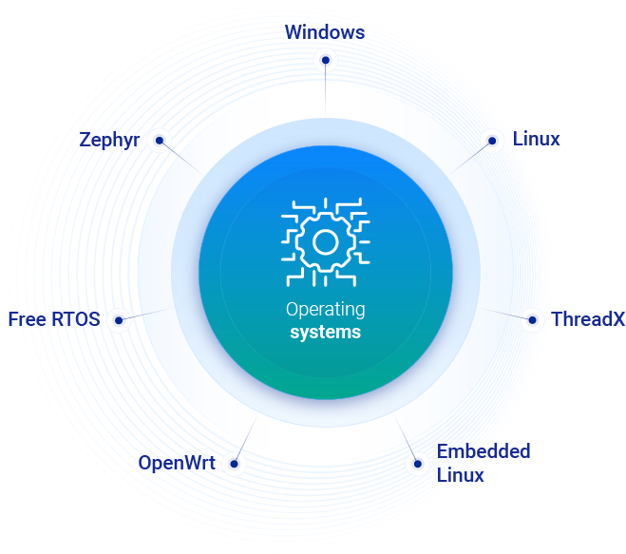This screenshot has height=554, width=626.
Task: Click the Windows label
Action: [325, 31]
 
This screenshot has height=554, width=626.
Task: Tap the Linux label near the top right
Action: [537, 139]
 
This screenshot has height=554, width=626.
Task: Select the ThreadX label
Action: [588, 318]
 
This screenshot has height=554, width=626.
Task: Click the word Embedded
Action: [484, 450]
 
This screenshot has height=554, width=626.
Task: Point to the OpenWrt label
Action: [176, 463]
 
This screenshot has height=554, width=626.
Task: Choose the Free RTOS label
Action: [54, 318]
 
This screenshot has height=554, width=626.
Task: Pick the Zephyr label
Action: [110, 140]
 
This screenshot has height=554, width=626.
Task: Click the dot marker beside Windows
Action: [326, 61]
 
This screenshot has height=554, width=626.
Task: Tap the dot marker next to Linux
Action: [492, 141]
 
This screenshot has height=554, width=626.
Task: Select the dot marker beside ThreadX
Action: [533, 319]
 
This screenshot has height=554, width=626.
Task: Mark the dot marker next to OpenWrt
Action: [233, 465]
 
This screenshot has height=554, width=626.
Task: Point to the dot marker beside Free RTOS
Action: [119, 320]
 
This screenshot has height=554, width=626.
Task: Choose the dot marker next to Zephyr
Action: [160, 141]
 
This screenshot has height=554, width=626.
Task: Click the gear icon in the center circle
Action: [326, 241]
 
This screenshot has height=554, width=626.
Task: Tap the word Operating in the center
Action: [325, 310]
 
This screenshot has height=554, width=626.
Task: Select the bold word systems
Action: [325, 333]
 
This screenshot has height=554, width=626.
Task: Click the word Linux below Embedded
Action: [461, 474]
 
